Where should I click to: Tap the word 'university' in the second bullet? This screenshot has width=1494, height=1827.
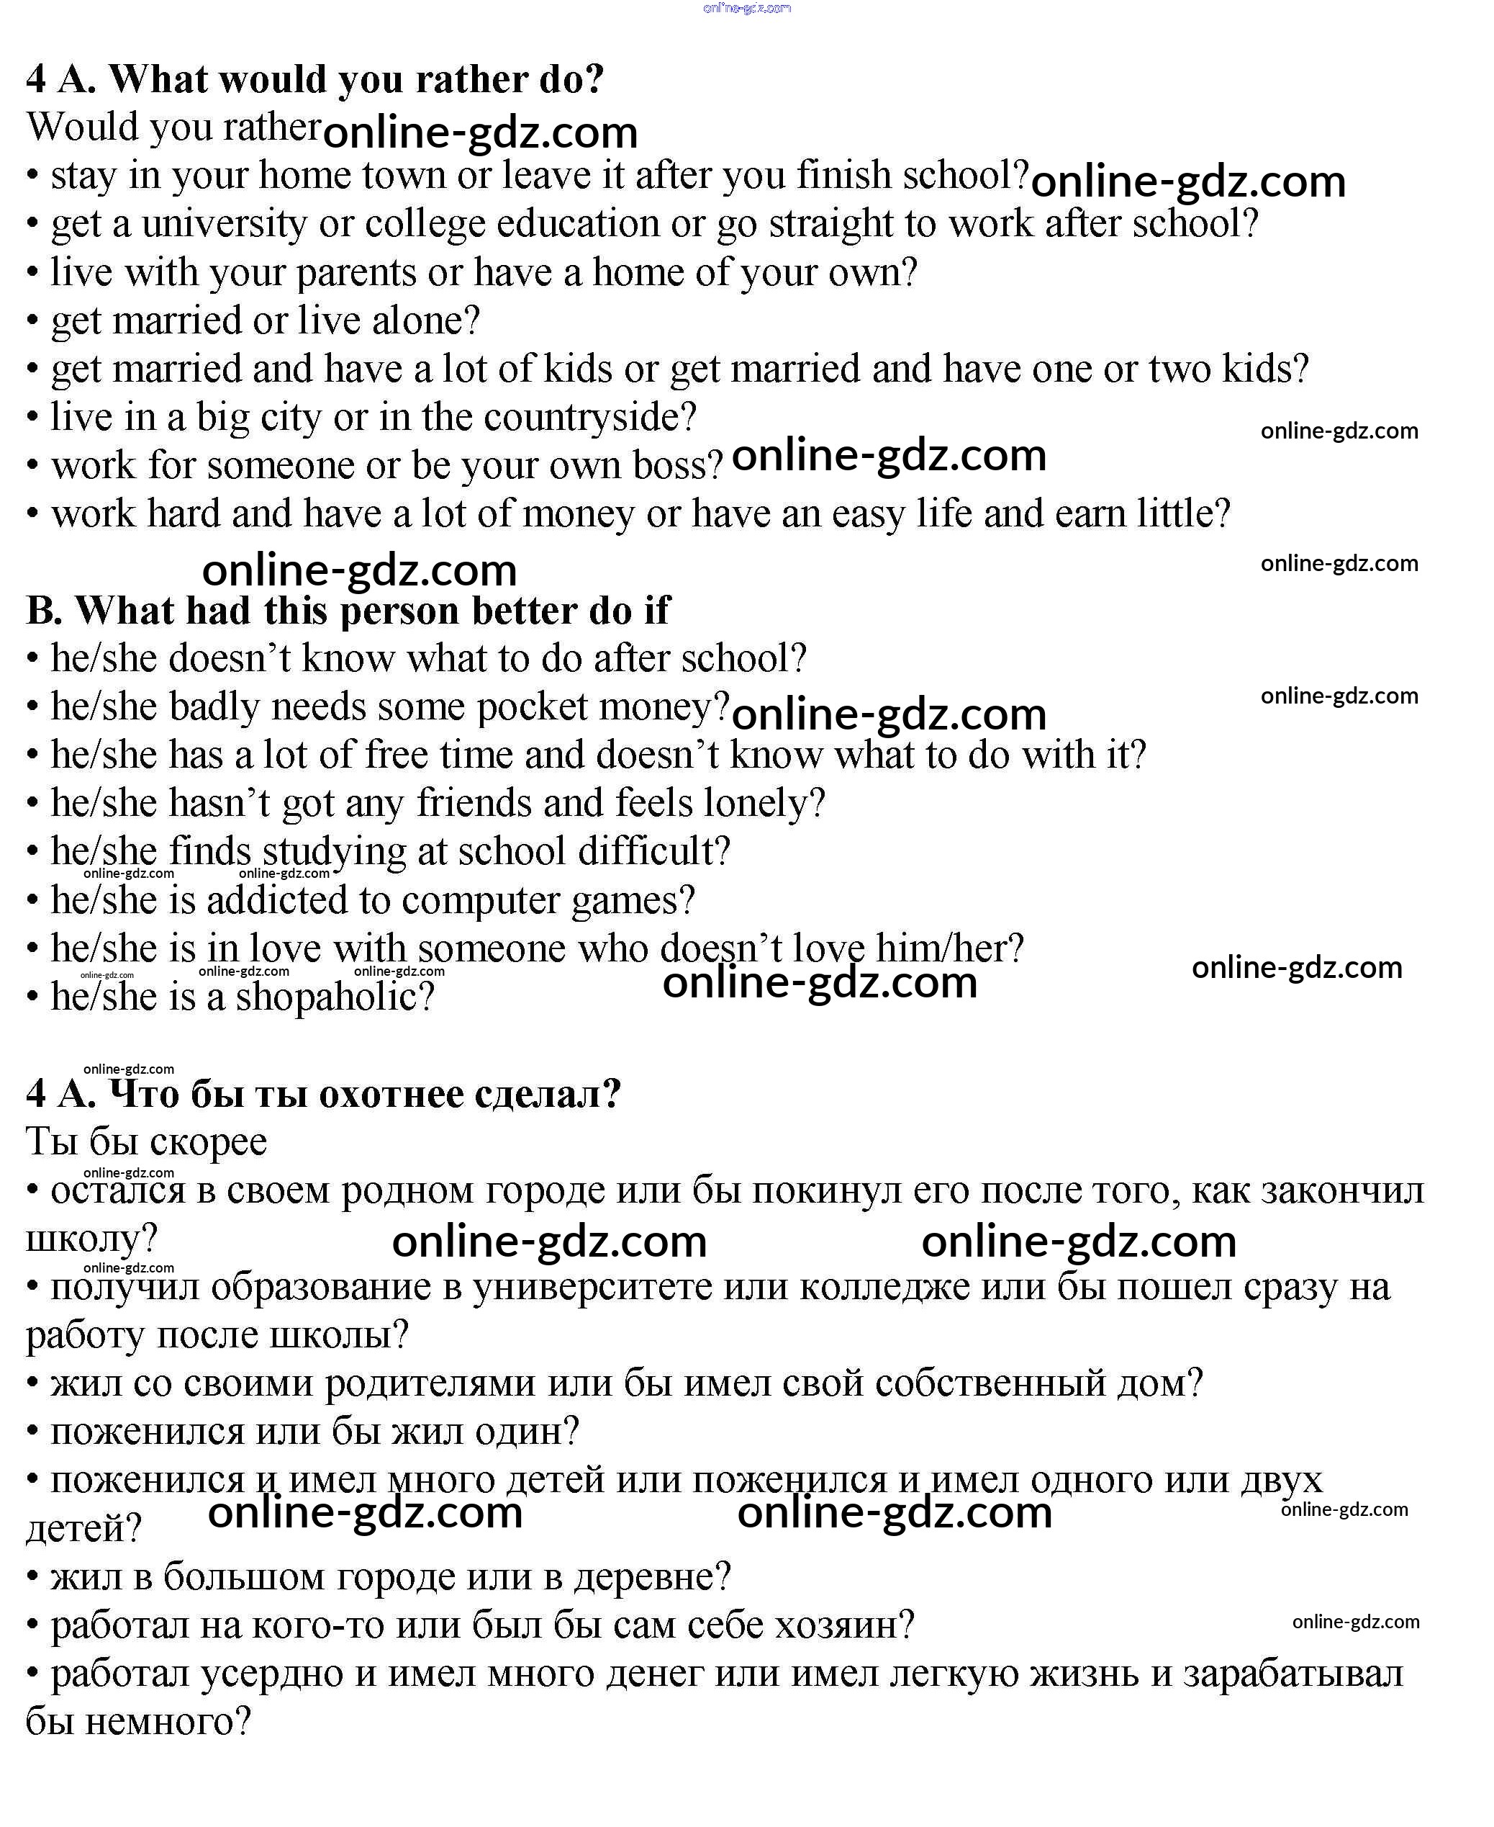224,224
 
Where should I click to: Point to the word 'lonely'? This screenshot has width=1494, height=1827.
756,803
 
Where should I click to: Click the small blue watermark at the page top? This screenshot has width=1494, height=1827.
746,8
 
